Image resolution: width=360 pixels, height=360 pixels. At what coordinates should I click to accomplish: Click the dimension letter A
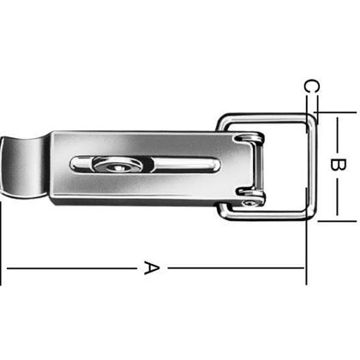click(151, 268)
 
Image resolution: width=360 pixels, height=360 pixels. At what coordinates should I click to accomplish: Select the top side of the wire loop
click(266, 117)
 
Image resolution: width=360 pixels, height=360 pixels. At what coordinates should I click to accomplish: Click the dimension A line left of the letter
click(69, 268)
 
